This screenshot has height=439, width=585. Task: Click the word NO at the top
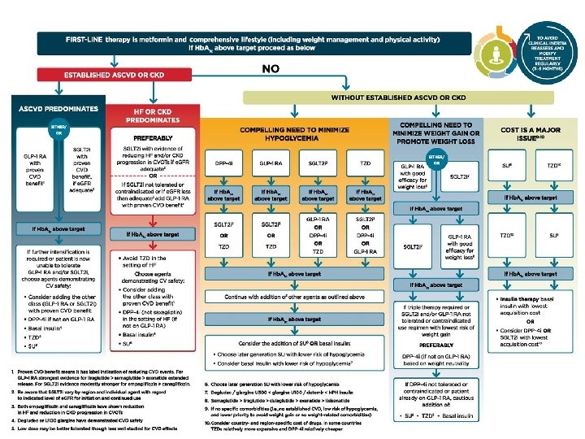271,69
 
